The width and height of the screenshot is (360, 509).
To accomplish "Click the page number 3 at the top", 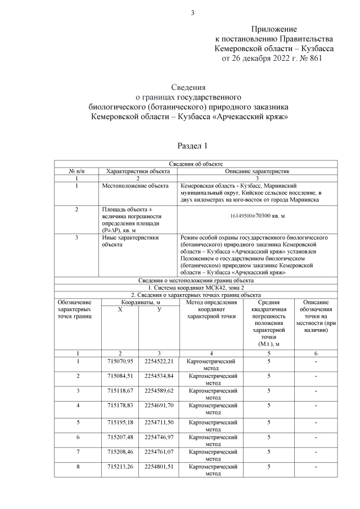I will [x=192, y=13].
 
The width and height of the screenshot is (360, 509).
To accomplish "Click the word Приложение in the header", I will [x=274, y=29].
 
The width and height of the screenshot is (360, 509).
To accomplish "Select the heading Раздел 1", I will [x=192, y=146].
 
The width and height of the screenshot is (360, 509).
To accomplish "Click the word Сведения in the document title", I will [x=188, y=87].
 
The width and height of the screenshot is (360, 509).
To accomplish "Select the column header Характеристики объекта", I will [x=138, y=170].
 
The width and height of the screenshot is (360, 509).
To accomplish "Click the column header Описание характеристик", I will [x=257, y=170].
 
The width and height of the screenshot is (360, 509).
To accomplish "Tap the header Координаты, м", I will [x=138, y=302].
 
